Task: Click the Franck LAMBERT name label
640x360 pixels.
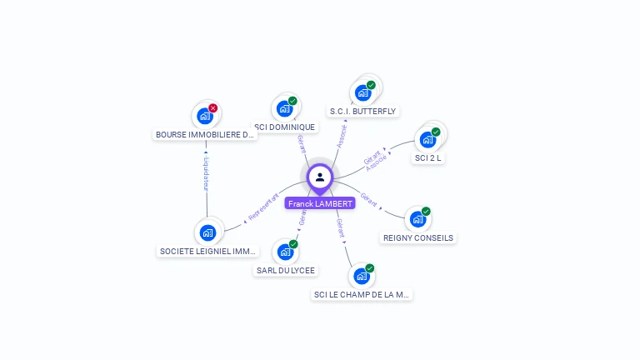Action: coord(320,203)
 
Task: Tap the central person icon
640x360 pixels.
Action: coord(320,177)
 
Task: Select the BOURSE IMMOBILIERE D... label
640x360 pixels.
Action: coord(205,134)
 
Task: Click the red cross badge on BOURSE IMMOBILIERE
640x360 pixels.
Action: coord(213,108)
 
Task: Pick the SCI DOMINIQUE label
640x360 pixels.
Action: coord(285,127)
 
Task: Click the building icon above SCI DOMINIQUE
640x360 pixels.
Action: coord(284,108)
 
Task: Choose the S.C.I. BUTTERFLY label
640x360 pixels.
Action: coord(362,111)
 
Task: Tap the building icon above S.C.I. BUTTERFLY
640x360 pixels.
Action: coord(362,92)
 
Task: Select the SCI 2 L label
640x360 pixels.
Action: coord(428,157)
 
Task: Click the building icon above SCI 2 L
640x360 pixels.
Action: coord(428,139)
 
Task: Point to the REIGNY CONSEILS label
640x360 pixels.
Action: coord(418,237)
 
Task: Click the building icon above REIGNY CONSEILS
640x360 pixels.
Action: coord(417,219)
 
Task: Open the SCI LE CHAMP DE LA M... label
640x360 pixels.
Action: coord(362,294)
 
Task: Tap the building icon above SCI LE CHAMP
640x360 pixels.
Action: coord(361,276)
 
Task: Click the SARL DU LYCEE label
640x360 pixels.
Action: coord(286,270)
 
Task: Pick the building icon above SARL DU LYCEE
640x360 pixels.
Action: coord(285,252)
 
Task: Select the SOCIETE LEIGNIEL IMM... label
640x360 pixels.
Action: coord(207,251)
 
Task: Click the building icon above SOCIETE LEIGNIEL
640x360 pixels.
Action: coord(207,232)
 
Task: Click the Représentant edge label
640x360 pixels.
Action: coord(263,207)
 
